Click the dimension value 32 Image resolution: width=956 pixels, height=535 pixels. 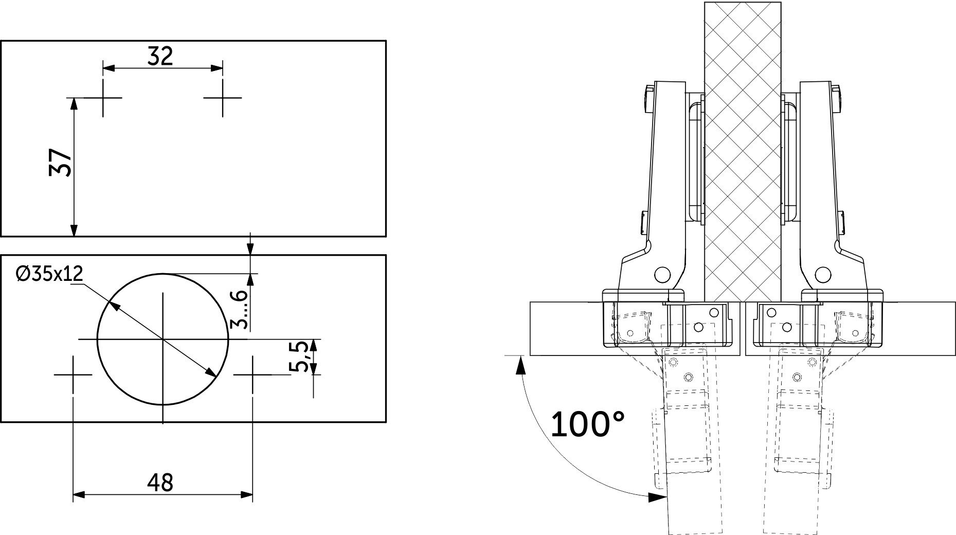pyautogui.click(x=160, y=56)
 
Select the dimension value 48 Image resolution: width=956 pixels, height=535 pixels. pyautogui.click(x=160, y=483)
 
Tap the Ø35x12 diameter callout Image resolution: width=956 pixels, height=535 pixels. pyautogui.click(x=49, y=274)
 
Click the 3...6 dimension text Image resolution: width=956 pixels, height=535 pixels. pyautogui.click(x=240, y=309)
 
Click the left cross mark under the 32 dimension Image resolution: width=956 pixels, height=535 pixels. pyautogui.click(x=103, y=97)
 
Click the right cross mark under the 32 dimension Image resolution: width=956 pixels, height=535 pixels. pyautogui.click(x=222, y=97)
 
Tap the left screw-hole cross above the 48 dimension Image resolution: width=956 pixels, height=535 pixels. pyautogui.click(x=73, y=374)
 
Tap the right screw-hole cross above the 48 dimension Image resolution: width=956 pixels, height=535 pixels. pyautogui.click(x=252, y=374)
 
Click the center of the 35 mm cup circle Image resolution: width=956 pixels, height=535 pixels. pyautogui.click(x=163, y=340)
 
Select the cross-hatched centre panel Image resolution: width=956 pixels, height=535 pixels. pyautogui.click(x=743, y=149)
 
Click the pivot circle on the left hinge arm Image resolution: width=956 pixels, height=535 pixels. pyautogui.click(x=662, y=273)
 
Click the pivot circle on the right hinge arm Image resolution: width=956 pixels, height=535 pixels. pyautogui.click(x=823, y=273)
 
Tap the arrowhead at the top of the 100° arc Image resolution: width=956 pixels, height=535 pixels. pyautogui.click(x=520, y=364)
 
